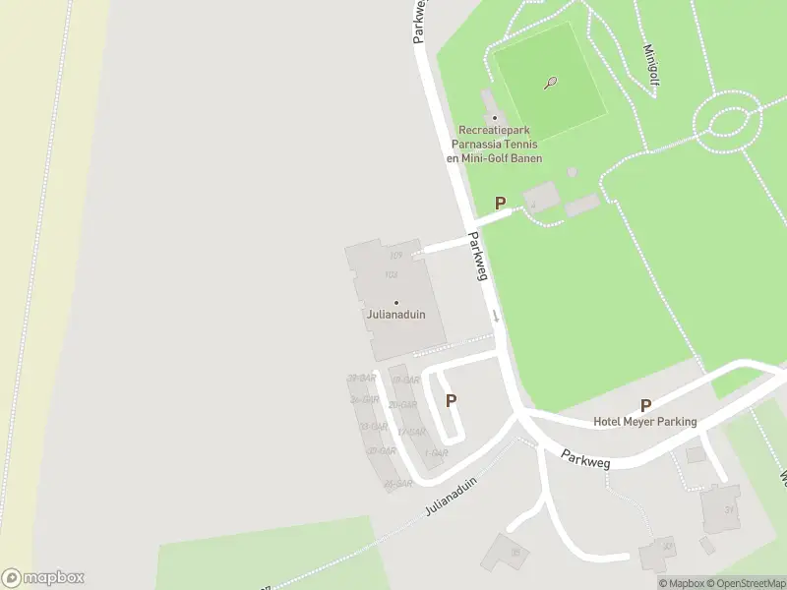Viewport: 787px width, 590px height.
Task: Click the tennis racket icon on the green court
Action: pyautogui.click(x=551, y=84)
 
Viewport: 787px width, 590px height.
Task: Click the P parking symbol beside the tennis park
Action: pyautogui.click(x=500, y=204)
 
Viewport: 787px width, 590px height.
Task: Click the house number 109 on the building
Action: pyautogui.click(x=395, y=257)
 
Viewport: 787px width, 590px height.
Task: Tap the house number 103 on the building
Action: pyautogui.click(x=392, y=274)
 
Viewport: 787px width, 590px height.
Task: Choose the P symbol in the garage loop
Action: pyautogui.click(x=451, y=400)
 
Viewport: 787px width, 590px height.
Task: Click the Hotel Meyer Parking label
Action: pyautogui.click(x=644, y=422)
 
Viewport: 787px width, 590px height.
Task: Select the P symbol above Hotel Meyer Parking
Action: pyautogui.click(x=645, y=405)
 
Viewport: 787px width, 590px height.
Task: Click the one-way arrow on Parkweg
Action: pyautogui.click(x=496, y=316)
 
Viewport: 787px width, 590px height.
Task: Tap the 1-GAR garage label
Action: pyautogui.click(x=436, y=453)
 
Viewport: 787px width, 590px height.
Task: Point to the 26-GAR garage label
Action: pyautogui.click(x=396, y=484)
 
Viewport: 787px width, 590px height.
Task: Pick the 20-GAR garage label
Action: pyautogui.click(x=402, y=405)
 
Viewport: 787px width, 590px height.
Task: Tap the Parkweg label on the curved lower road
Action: pyautogui.click(x=587, y=459)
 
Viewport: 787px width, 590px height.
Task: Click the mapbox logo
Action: pyautogui.click(x=42, y=578)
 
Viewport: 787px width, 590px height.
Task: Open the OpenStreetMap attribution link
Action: pyautogui.click(x=750, y=583)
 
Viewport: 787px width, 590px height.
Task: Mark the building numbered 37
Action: pyautogui.click(x=729, y=508)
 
